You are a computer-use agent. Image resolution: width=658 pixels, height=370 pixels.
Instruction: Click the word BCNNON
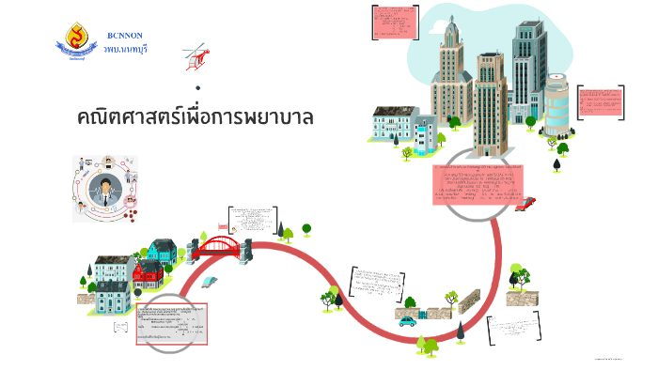pyautogui.click(x=125, y=35)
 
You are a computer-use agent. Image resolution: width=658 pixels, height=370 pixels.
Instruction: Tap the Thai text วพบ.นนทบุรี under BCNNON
pyautogui.click(x=125, y=48)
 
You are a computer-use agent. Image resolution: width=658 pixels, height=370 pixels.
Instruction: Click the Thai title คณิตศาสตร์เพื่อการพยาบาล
pyautogui.click(x=196, y=119)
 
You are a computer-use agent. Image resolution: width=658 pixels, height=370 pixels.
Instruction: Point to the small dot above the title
pyautogui.click(x=198, y=88)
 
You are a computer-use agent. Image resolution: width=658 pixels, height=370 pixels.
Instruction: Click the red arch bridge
pyautogui.click(x=219, y=247)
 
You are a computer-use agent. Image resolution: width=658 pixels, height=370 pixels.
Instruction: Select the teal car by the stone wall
pyautogui.click(x=407, y=321)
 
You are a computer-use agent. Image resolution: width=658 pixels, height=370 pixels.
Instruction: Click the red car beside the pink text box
pyautogui.click(x=526, y=202)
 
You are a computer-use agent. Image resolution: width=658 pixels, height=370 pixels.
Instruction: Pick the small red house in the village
pyautogui.click(x=148, y=273)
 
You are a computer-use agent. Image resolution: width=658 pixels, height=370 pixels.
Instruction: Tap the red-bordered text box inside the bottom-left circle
pyautogui.click(x=172, y=323)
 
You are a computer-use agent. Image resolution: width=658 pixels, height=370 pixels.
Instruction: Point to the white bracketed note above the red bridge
pyautogui.click(x=252, y=219)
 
